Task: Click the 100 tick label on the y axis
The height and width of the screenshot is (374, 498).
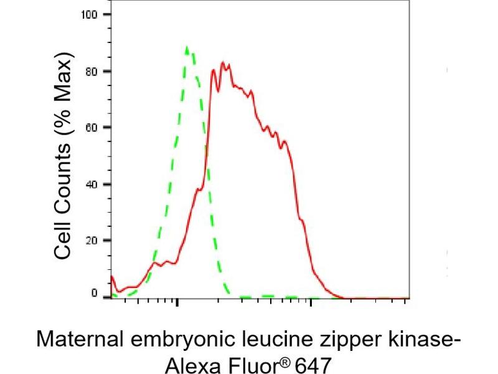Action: tap(90, 14)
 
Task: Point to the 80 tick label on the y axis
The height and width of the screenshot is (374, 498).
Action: tap(93, 71)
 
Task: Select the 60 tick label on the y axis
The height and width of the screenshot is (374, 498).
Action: tap(93, 127)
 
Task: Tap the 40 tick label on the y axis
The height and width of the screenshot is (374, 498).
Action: tap(93, 184)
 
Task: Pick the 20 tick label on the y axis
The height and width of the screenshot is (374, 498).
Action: tap(93, 240)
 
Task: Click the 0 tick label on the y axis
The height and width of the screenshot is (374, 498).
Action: tap(95, 293)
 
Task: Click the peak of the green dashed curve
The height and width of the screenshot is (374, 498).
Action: tap(187, 47)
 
